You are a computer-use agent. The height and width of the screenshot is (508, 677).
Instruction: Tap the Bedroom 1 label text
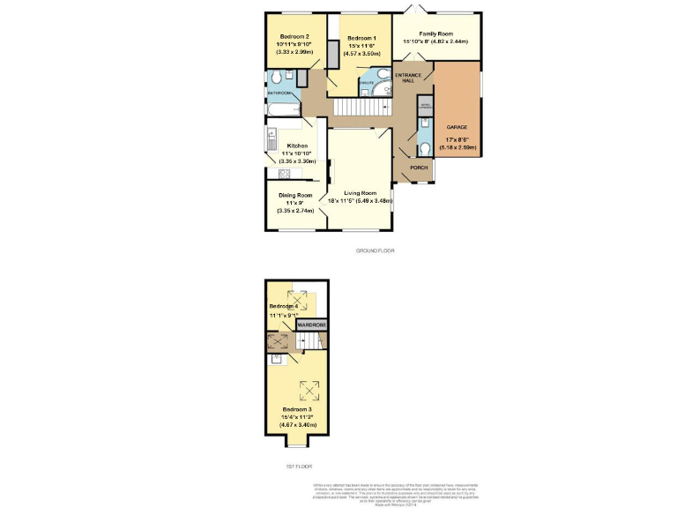coord(361,39)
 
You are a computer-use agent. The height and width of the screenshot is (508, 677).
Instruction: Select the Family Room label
coord(435,33)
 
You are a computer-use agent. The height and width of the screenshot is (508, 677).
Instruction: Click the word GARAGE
coord(457,127)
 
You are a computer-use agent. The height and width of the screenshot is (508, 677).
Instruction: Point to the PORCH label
coord(420,167)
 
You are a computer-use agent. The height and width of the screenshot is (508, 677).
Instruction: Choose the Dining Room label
coord(295,195)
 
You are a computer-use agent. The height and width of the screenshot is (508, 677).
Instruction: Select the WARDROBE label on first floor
coord(311,325)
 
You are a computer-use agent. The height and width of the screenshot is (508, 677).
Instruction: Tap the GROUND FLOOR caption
coord(375,250)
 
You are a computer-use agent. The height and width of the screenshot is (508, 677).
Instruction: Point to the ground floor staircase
coord(362,106)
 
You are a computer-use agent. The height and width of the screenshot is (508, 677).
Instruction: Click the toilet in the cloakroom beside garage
coord(424,147)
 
